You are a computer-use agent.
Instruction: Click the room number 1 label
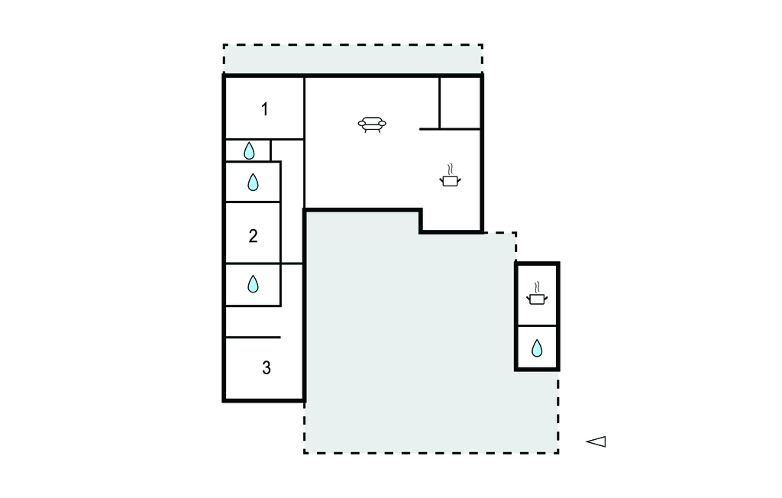[265, 109]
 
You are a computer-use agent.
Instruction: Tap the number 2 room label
[253, 235]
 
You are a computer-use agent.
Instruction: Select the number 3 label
[267, 367]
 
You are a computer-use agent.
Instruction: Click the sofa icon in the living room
[372, 124]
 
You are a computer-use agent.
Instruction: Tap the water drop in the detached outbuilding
[537, 348]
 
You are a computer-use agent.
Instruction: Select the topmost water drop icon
[249, 150]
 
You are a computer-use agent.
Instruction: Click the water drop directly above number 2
[253, 182]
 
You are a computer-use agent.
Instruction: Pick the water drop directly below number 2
[253, 284]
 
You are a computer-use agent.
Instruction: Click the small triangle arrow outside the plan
[596, 441]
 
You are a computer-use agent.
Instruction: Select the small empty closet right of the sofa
[460, 103]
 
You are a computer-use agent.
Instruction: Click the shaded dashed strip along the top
[353, 59]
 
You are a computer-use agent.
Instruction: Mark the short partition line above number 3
[253, 338]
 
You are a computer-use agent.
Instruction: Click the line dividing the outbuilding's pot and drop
[537, 326]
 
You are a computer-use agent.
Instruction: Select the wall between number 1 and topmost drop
[264, 139]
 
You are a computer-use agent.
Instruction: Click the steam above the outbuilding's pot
[537, 287]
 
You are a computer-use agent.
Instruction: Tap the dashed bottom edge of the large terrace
[431, 453]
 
